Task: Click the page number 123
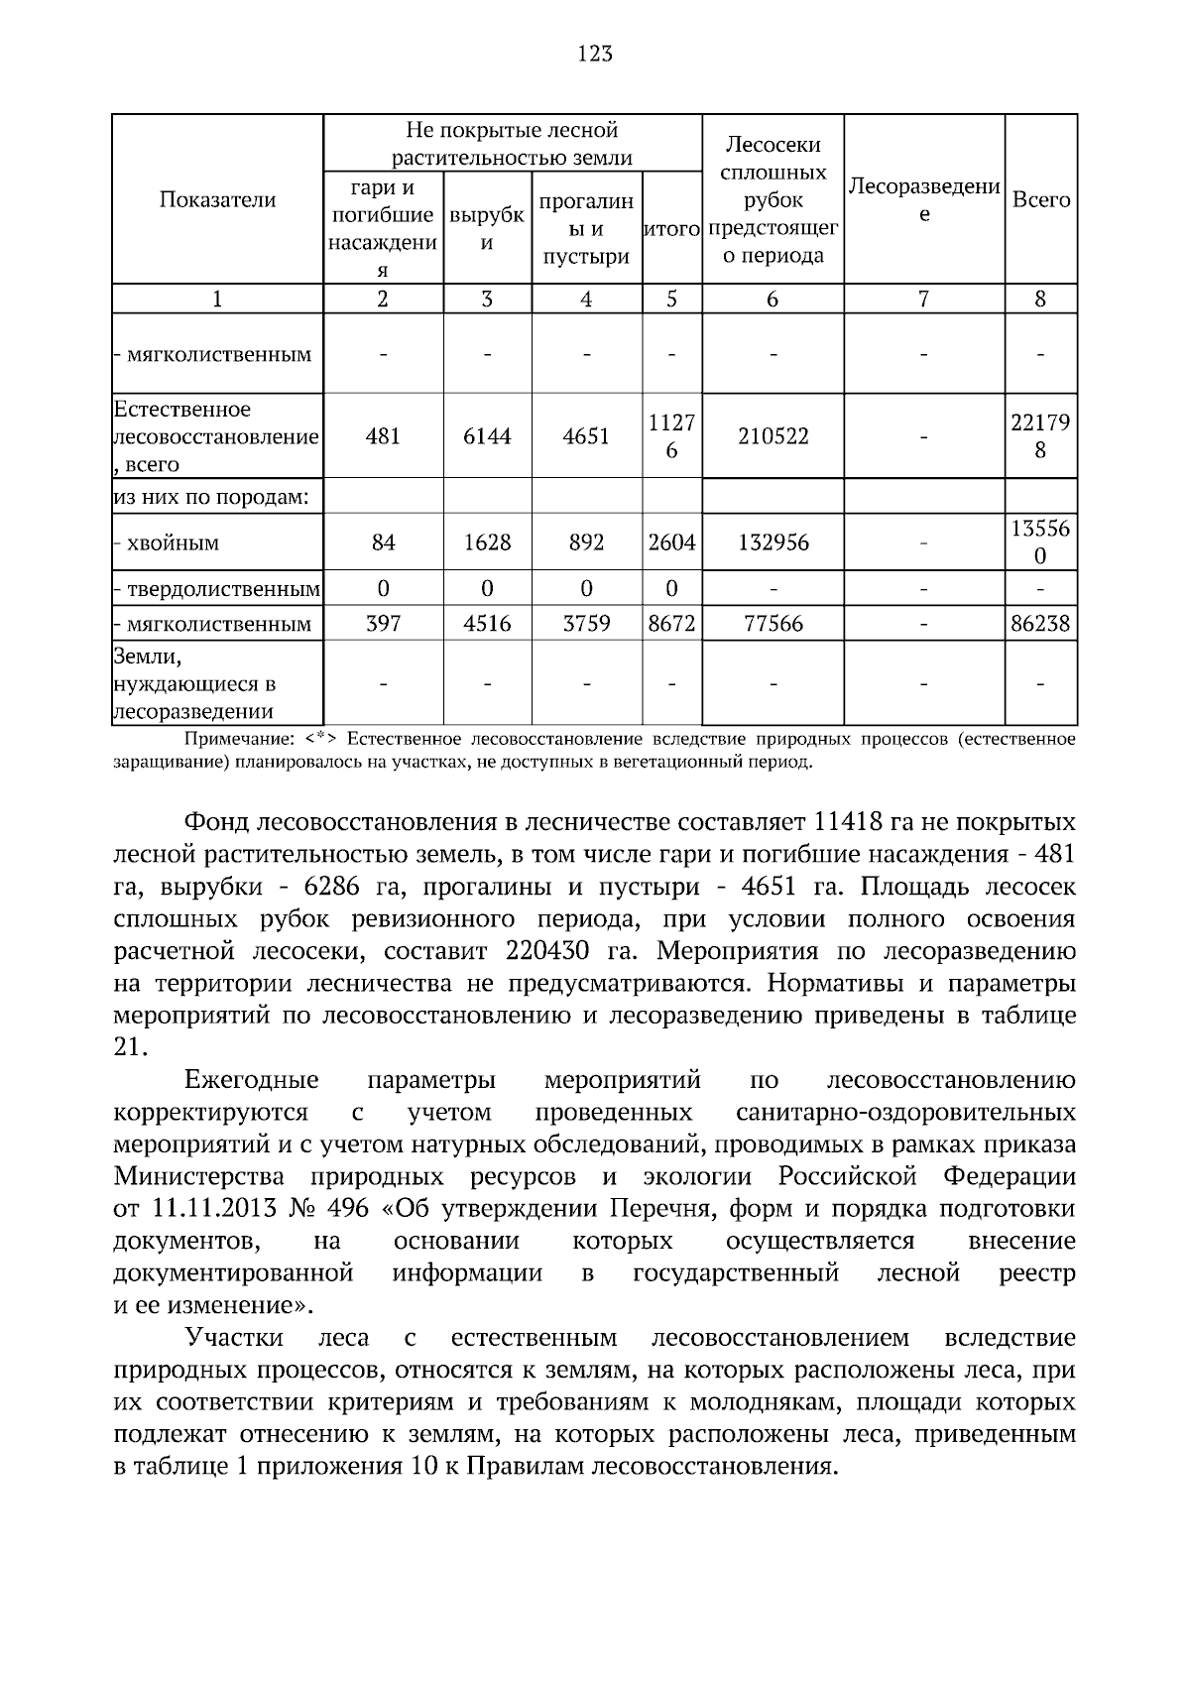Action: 595,54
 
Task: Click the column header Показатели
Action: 217,199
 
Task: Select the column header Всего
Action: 1040,199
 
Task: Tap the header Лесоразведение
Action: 923,199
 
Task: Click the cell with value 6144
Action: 487,436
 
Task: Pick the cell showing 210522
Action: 773,436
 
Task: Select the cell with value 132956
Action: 773,542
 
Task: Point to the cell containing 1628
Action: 487,542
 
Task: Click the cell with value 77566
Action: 773,624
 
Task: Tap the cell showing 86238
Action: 1040,624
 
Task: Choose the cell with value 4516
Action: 487,624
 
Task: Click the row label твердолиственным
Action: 223,590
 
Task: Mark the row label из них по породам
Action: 211,497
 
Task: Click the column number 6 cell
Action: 773,300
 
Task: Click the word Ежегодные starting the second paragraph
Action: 252,1080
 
